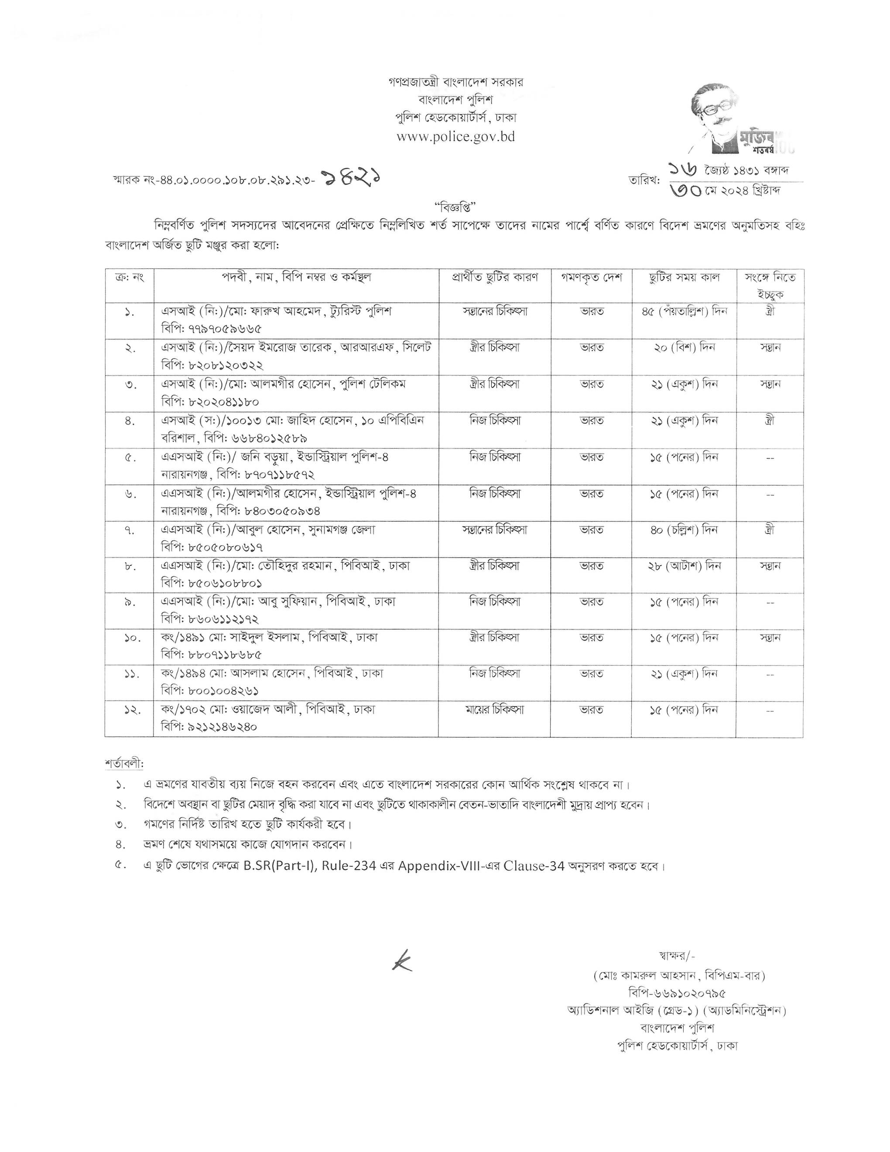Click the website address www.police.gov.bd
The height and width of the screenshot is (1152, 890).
(455, 137)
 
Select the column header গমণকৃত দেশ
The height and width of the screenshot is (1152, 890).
(591, 278)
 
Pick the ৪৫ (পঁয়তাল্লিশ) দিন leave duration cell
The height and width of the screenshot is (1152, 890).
(684, 311)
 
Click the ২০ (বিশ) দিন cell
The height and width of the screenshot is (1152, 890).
(684, 348)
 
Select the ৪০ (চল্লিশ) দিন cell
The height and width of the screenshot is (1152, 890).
(684, 530)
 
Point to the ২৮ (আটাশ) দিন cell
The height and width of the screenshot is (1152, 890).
(684, 566)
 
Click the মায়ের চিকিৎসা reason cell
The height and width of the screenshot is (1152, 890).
(494, 710)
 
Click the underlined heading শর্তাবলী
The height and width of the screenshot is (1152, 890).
(124, 764)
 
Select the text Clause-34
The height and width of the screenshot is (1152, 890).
(534, 866)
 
